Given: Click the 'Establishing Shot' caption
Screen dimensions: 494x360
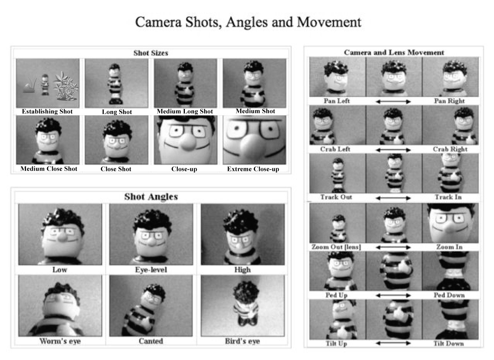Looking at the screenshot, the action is click(47, 111).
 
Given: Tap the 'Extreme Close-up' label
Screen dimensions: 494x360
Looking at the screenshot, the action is click(253, 169).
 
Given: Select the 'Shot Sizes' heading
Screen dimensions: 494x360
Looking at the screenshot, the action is click(151, 53).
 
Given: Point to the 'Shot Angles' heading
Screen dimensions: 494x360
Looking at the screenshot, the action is click(151, 197).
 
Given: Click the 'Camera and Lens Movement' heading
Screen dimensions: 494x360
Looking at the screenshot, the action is click(394, 52).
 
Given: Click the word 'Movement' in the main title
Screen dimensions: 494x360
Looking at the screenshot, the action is click(329, 22).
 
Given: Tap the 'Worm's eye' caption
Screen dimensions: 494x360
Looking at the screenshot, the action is click(60, 341).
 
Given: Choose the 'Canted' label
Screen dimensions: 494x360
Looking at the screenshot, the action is click(151, 341).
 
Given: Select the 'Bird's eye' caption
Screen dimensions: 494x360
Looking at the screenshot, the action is click(242, 341).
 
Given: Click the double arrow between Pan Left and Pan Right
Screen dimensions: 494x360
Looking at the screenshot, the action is click(393, 102).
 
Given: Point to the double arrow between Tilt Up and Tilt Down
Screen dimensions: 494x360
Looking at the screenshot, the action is click(393, 343).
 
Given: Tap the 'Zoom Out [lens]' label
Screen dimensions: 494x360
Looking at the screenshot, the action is click(336, 247).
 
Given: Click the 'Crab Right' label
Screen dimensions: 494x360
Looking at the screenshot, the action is click(450, 149).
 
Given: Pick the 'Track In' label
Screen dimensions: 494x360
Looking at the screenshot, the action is click(448, 197).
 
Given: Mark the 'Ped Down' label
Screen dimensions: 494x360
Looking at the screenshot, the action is click(449, 295).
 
